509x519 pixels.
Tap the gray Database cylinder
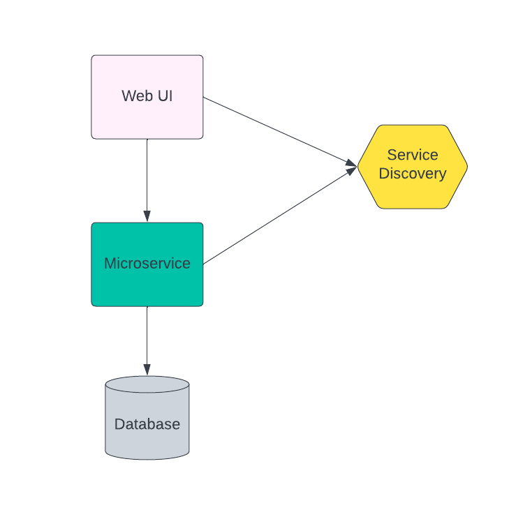[147, 436]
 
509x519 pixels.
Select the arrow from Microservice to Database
[147, 338]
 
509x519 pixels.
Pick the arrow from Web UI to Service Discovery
[279, 132]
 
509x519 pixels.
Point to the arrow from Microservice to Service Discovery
[279, 216]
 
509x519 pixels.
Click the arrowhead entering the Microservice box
[147, 216]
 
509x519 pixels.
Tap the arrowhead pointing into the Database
[147, 370]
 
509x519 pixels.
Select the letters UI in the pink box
[164, 96]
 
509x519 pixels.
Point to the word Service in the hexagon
[413, 155]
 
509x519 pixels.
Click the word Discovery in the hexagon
[413, 174]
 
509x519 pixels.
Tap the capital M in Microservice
[110, 264]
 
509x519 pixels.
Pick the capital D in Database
[119, 424]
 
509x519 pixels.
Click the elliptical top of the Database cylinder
[147, 384]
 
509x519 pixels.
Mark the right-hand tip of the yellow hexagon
[466, 167]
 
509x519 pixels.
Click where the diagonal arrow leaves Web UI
[205, 98]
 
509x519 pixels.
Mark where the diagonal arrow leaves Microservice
[205, 263]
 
